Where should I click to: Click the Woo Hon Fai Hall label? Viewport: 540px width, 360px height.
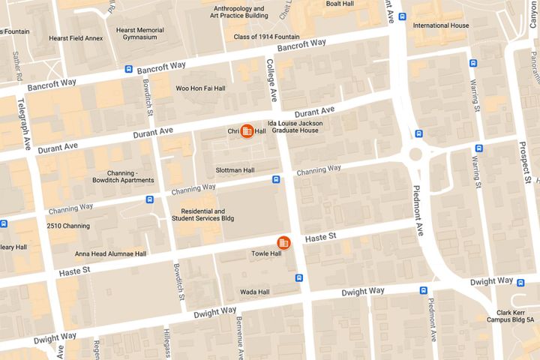tap(200, 88)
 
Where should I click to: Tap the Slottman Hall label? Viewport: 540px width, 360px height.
tap(235, 170)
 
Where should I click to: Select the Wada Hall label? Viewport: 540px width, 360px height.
tap(254, 290)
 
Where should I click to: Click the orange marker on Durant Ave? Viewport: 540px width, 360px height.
tap(247, 130)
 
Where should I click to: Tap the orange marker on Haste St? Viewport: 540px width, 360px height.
tap(283, 241)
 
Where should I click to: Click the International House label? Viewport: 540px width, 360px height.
tap(441, 25)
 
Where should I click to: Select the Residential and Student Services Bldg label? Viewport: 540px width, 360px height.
tap(198, 215)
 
